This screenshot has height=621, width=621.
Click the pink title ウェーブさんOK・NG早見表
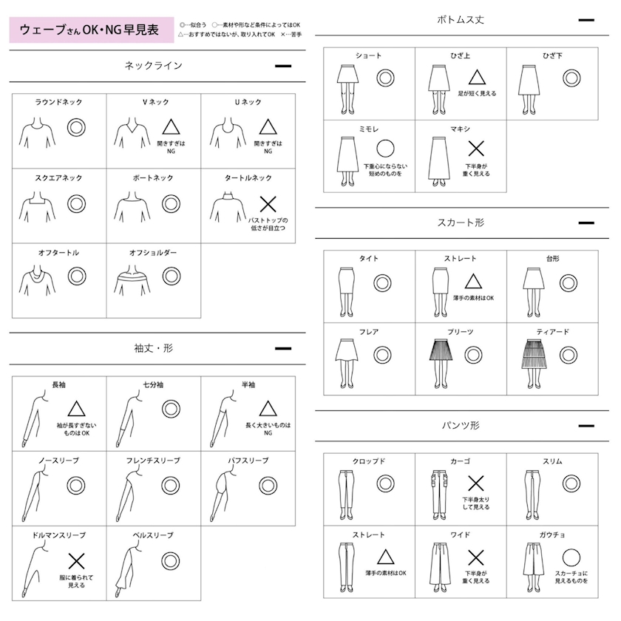pos(89,30)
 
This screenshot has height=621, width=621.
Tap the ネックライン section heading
pos(153,65)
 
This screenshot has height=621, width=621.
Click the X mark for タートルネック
pos(268,204)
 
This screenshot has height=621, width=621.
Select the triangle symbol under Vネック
pos(171,126)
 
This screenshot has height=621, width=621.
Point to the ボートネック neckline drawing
pos(132,206)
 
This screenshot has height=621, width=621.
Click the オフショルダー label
pos(153,253)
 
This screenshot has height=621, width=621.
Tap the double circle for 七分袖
pos(171,409)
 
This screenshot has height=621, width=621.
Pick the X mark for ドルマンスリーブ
pos(76,561)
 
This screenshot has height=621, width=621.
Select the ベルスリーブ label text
pos(153,535)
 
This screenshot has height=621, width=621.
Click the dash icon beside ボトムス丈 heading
pos(586,20)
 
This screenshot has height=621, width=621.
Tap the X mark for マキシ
pos(476,149)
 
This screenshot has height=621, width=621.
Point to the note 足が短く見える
pos(477,93)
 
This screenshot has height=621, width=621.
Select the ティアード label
pos(552,332)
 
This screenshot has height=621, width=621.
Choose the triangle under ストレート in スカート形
pos(473,281)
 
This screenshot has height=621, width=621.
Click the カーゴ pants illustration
pos(440,495)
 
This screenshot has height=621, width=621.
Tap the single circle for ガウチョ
pos(571,558)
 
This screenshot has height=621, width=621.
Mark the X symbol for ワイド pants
pos(475,557)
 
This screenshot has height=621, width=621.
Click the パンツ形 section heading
pos(461,425)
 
